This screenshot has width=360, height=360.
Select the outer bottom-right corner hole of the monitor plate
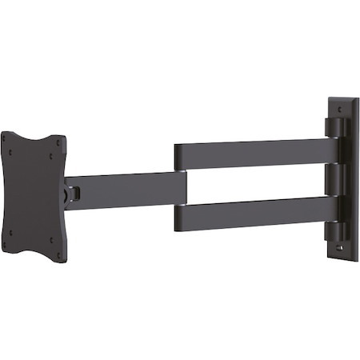pyautogui.click(x=57, y=255)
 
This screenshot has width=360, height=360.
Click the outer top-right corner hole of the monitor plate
pyautogui.click(x=57, y=142)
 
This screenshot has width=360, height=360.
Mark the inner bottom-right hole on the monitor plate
pyautogui.click(x=50, y=239)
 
